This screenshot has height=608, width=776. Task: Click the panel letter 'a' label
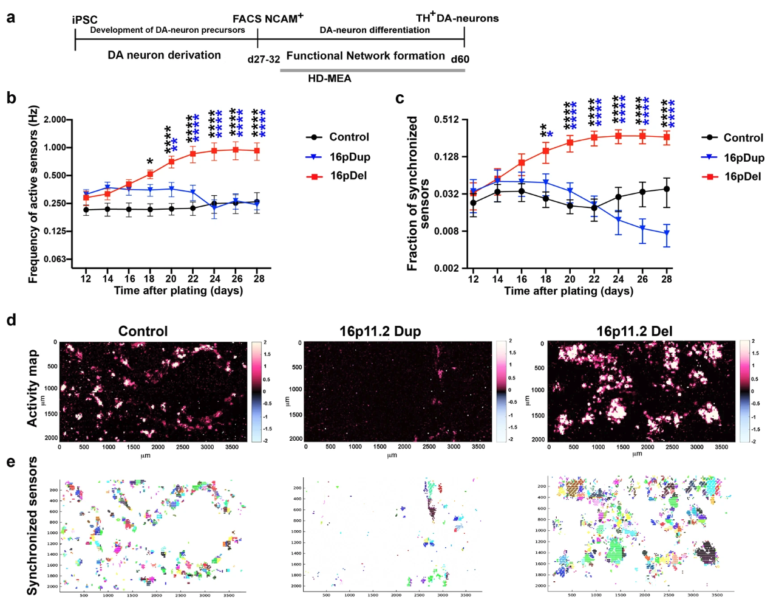(x=10, y=18)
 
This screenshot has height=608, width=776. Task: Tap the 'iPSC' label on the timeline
(x=84, y=20)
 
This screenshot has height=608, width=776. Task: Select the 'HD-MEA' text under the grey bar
(x=329, y=78)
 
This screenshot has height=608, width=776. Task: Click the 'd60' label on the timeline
(x=460, y=59)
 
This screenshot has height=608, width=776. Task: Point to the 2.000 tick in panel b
(x=54, y=120)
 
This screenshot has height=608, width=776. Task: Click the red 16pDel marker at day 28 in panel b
(x=257, y=151)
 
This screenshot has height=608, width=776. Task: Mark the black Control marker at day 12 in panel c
(x=474, y=203)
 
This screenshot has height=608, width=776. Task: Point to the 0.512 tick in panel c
(x=446, y=120)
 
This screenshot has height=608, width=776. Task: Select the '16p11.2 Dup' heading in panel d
(x=379, y=331)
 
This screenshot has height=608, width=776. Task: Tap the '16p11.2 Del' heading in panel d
(x=635, y=331)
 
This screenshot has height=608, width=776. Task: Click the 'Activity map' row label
(x=32, y=388)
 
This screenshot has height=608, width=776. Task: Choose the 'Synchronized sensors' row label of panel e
(x=32, y=526)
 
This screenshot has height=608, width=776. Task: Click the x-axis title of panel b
(x=178, y=291)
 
